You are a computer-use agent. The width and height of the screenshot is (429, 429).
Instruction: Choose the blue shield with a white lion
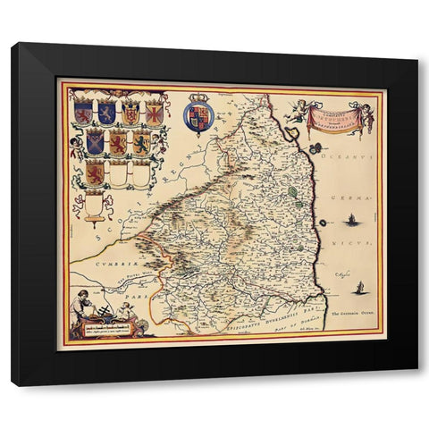pyautogui.click(x=106, y=113)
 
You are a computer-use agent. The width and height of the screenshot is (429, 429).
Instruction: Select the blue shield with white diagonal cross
pyautogui.click(x=95, y=141)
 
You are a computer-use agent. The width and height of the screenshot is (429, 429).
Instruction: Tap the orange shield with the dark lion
pyautogui.click(x=141, y=141)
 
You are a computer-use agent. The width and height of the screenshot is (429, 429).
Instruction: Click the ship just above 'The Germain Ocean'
pyautogui.click(x=361, y=289)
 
